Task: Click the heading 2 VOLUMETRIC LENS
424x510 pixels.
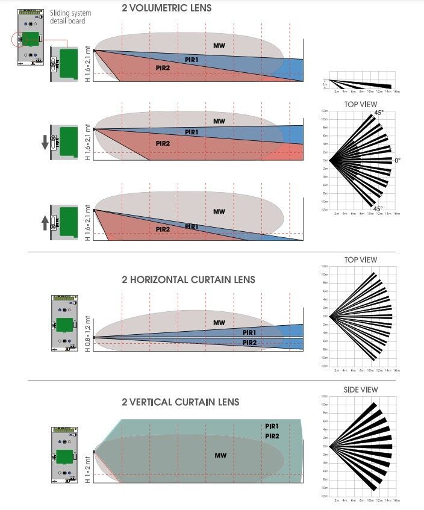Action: pyautogui.click(x=167, y=8)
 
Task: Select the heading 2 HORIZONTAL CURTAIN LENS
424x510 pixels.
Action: pyautogui.click(x=188, y=279)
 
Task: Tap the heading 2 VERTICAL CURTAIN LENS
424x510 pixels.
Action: pyautogui.click(x=181, y=402)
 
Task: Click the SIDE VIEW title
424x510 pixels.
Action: pyautogui.click(x=360, y=390)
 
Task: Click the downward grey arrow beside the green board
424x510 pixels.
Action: pyautogui.click(x=45, y=143)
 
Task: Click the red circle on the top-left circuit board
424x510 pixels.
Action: pyautogui.click(x=19, y=39)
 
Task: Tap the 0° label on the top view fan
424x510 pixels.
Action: pyautogui.click(x=397, y=161)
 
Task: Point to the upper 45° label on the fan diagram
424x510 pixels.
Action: pyautogui.click(x=378, y=113)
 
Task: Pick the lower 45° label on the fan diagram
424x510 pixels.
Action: pyautogui.click(x=378, y=209)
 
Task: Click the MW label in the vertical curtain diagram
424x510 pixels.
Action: pyautogui.click(x=220, y=455)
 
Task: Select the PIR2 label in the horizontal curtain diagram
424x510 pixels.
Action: pyautogui.click(x=250, y=342)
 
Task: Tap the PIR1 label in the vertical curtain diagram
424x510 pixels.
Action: pyautogui.click(x=272, y=426)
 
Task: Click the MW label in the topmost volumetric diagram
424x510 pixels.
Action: pyautogui.click(x=219, y=46)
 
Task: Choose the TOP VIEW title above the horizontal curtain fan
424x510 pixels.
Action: pyautogui.click(x=360, y=260)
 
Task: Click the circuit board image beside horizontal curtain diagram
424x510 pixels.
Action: pyautogui.click(x=64, y=322)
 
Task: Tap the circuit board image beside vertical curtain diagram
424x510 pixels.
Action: pyautogui.click(x=64, y=455)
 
